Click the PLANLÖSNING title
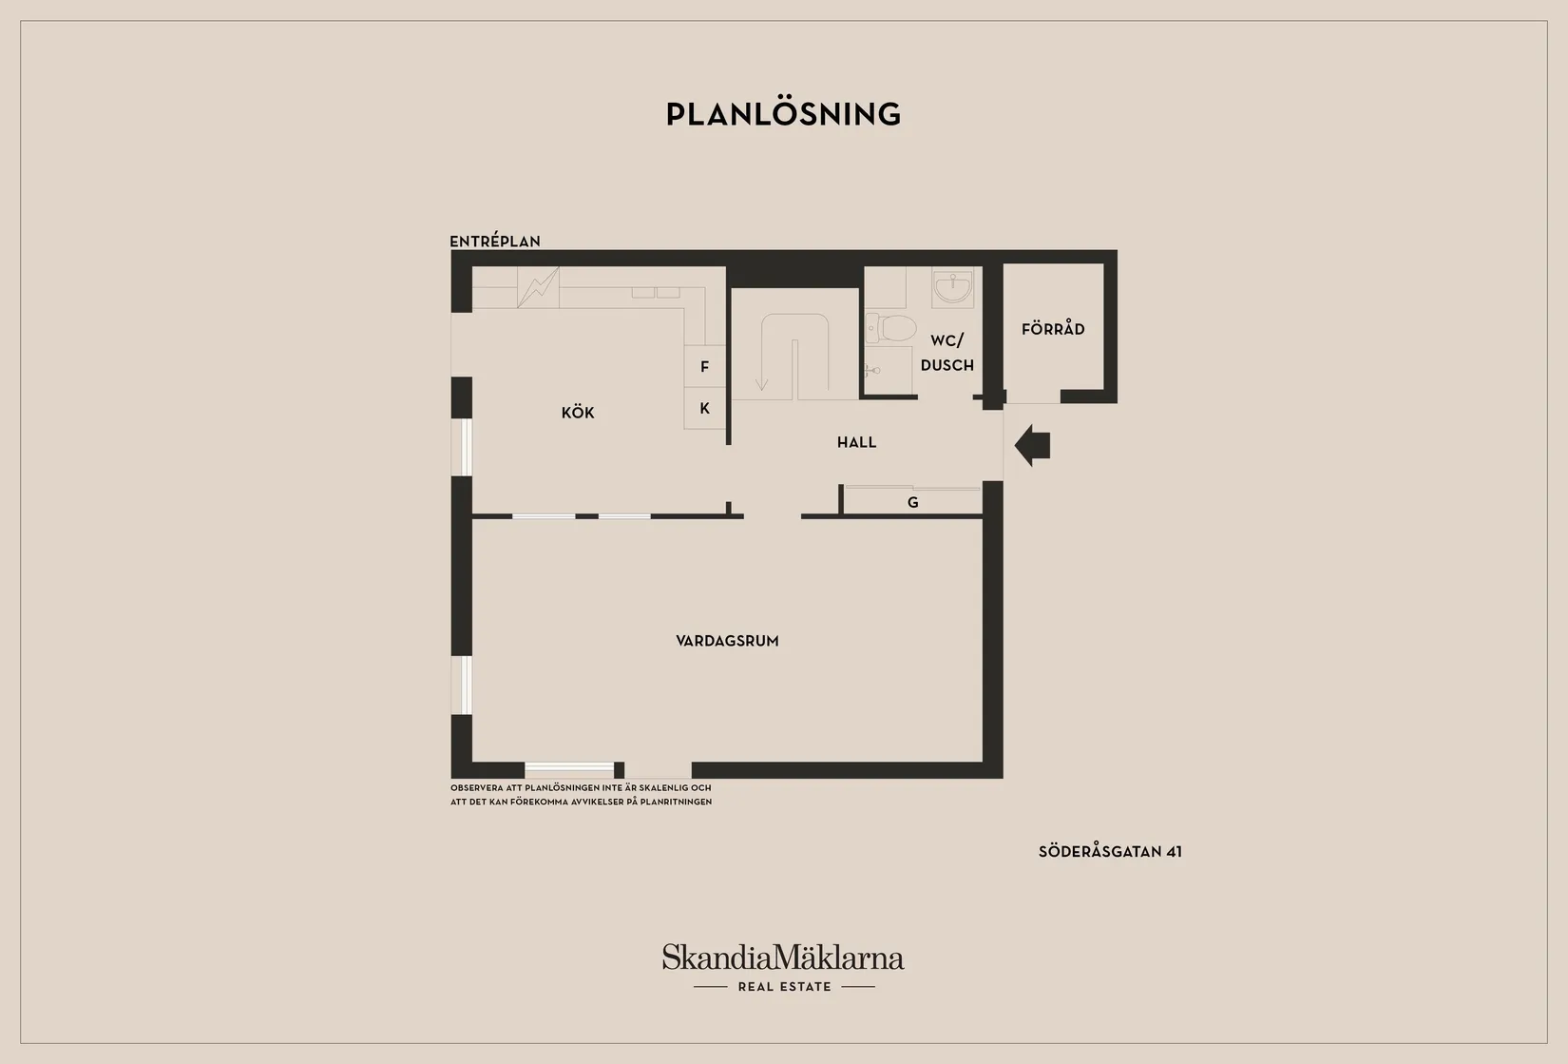tap(783, 114)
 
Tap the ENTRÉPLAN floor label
tap(495, 241)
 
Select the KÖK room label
tap(578, 413)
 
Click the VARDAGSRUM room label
tap(727, 641)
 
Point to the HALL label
tap(857, 442)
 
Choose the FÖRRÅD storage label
tap(1053, 328)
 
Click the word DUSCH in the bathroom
tap(947, 365)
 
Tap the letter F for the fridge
tap(705, 366)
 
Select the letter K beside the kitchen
tap(705, 408)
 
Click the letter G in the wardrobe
tap(913, 502)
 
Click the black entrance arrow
tap(1032, 445)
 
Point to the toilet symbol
tap(891, 328)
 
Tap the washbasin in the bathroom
tap(952, 287)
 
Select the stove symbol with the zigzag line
tap(538, 287)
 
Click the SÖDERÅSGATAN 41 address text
tap(1110, 852)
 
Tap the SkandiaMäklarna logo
tap(783, 958)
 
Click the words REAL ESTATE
tap(785, 987)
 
